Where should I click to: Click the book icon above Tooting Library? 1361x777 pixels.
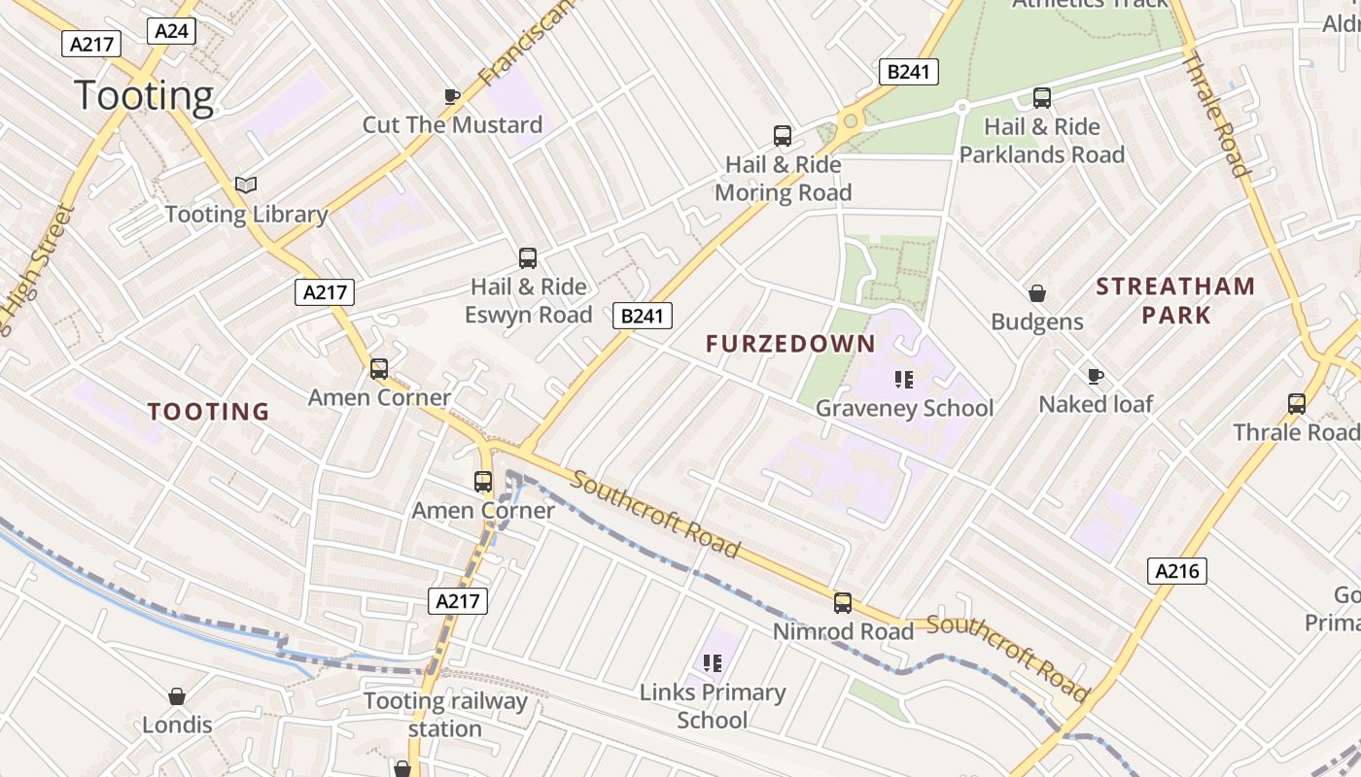[x=246, y=185]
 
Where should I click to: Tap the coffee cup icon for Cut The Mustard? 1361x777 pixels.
[x=452, y=96]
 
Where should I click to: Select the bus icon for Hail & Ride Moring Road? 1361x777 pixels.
[x=783, y=136]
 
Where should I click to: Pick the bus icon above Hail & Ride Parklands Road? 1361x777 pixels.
[x=1042, y=97]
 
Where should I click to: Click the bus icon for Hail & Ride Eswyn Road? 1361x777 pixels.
[x=528, y=258]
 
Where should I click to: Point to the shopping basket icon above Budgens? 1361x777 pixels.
[x=1037, y=293]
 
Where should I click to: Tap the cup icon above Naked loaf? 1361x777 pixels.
[x=1096, y=376]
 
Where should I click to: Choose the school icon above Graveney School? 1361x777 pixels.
[x=904, y=380]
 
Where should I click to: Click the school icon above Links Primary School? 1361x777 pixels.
[x=713, y=663]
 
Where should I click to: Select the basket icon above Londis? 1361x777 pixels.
[x=177, y=696]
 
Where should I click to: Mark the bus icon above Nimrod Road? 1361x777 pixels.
[x=843, y=603]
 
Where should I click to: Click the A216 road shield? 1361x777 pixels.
[x=1177, y=571]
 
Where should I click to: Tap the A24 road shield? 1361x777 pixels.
[x=172, y=31]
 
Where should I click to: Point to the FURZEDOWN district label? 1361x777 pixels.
[x=790, y=344]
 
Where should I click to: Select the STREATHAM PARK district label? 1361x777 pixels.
[x=1176, y=300]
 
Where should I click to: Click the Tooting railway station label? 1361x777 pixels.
[x=445, y=715]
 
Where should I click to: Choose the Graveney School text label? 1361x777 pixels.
[x=904, y=408]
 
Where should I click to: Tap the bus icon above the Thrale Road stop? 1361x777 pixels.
[x=1297, y=404]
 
